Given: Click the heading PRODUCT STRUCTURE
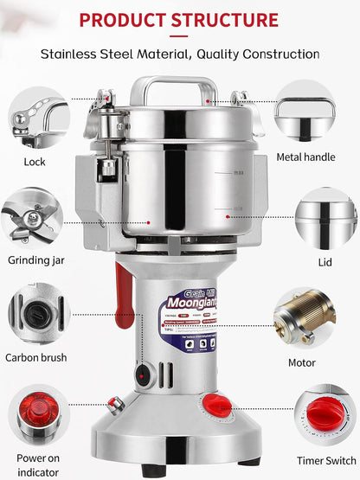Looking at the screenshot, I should (179, 19).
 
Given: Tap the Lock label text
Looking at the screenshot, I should (35, 162).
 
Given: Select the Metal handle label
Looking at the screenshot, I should (318, 157).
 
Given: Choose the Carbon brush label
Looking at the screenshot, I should (35, 356).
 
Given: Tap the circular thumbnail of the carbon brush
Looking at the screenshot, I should (37, 315).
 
